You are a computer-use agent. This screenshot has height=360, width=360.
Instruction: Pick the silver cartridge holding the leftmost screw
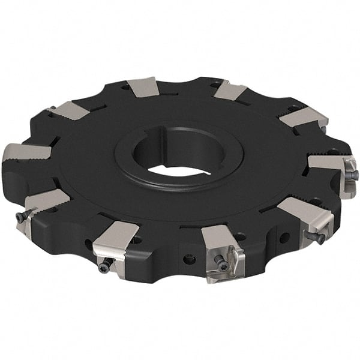point(42,204)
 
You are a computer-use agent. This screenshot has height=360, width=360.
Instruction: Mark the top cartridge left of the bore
point(143,88)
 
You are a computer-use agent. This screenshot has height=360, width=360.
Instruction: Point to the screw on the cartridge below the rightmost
point(317,238)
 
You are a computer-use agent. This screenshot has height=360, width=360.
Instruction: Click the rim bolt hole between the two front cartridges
point(190,259)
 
